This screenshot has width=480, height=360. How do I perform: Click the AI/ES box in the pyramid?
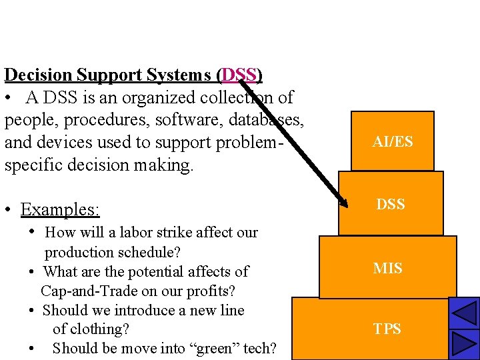[393, 141]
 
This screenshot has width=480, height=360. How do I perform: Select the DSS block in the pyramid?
[391, 205]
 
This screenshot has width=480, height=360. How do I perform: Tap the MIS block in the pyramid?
[387, 268]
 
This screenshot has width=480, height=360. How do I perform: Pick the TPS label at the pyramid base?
[387, 329]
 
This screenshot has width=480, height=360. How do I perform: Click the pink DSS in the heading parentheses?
[240, 75]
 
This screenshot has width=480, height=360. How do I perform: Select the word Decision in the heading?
[39, 75]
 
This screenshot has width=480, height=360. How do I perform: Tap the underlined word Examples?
[60, 210]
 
